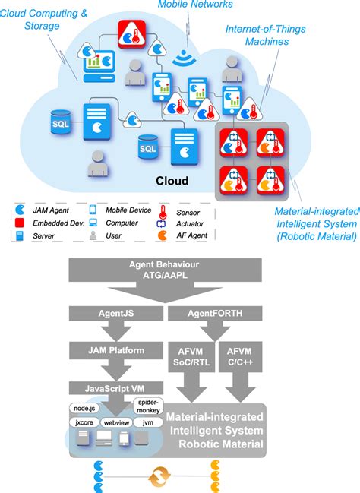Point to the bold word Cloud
pyautogui.click(x=172, y=182)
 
